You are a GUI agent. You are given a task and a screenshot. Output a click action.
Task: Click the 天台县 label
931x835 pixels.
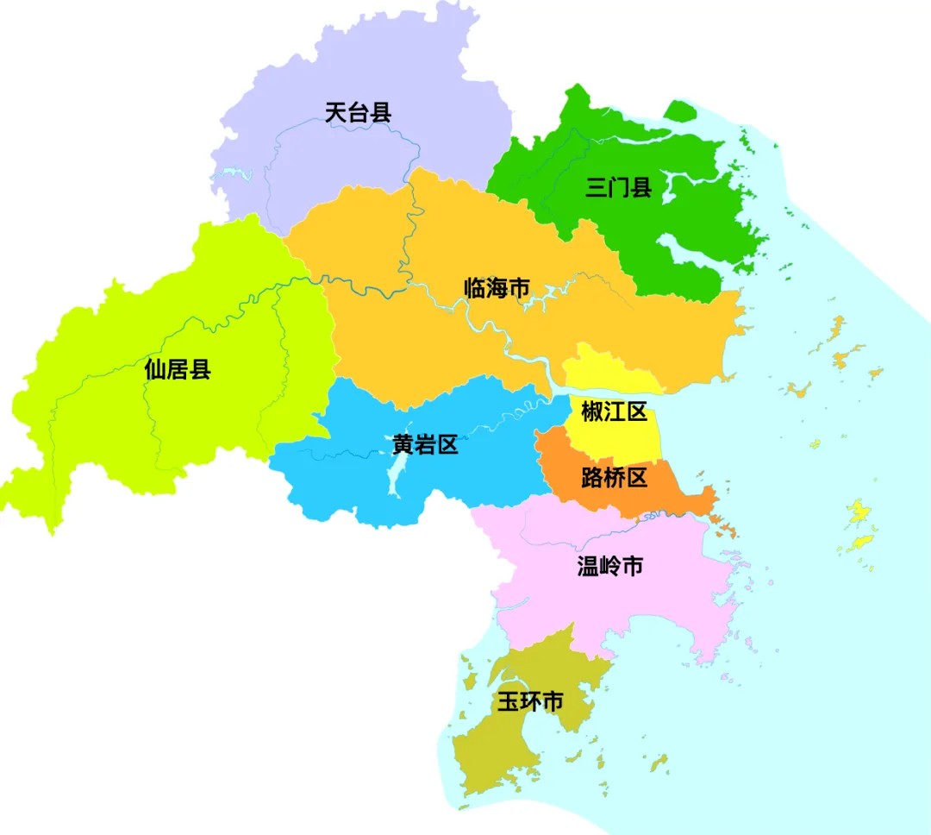tap(358, 112)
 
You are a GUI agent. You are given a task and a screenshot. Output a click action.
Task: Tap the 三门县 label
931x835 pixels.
tap(618, 188)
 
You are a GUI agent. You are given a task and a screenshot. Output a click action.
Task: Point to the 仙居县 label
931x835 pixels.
tap(178, 370)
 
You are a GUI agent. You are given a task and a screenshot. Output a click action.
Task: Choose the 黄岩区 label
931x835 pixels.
tap(424, 445)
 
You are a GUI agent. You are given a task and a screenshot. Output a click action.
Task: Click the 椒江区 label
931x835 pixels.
tap(614, 412)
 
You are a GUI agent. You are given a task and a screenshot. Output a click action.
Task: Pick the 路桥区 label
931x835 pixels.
tap(614, 477)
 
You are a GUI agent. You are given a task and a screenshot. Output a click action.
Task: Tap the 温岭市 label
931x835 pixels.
tap(609, 566)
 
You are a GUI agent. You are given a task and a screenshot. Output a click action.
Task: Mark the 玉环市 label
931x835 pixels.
tap(530, 701)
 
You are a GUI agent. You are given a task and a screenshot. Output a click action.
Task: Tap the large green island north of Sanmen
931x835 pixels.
tap(680, 111)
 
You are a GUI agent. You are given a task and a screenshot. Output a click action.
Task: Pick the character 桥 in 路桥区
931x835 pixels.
tap(614, 477)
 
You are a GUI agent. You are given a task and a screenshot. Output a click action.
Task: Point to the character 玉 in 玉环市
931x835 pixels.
tap(509, 701)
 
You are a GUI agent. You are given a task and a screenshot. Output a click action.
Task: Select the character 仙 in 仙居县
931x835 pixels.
tap(156, 370)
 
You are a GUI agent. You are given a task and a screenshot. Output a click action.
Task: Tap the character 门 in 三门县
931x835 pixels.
tap(618, 188)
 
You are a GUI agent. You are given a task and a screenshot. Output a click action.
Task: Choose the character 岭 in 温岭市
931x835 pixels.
tap(609, 566)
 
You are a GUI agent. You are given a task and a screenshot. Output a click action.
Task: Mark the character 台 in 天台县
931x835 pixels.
tap(358, 112)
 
